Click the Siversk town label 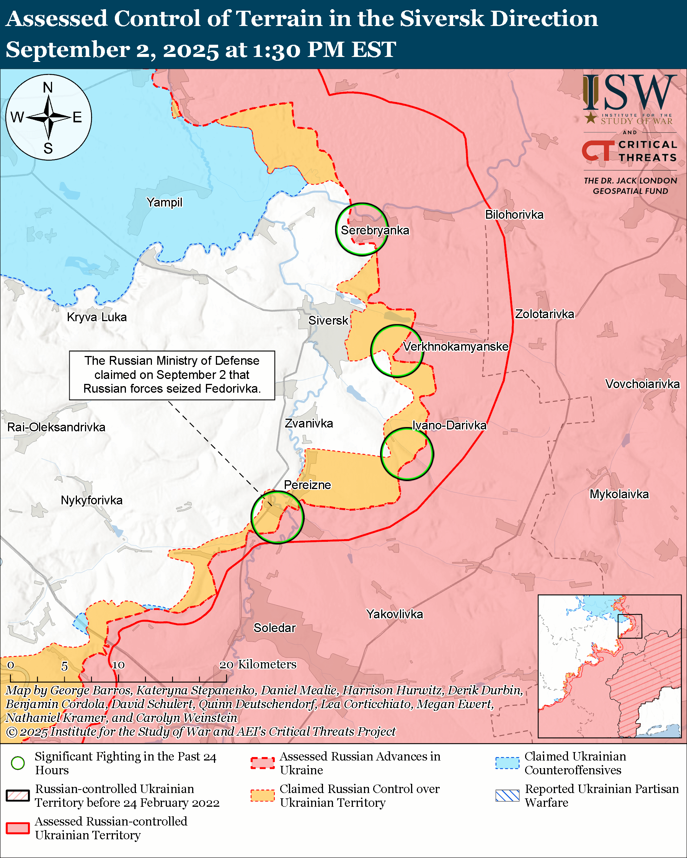[328, 320]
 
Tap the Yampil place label [164, 203]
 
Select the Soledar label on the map [274, 627]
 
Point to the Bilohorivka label [514, 215]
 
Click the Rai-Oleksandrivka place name [56, 427]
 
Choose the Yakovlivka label [394, 614]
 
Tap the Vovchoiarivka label [642, 384]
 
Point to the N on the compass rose [48, 88]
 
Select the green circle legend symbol [18, 763]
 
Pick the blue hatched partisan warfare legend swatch [507, 796]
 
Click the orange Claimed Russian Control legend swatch [263, 796]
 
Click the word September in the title [68, 50]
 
